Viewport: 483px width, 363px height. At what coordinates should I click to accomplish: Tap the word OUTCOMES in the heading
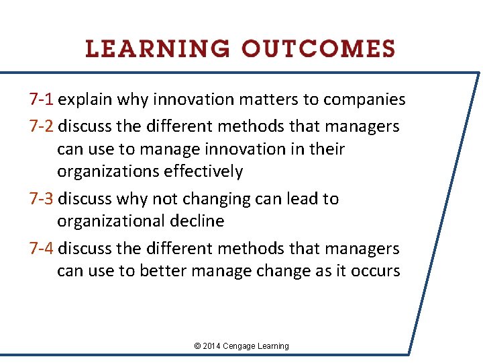coord(319,49)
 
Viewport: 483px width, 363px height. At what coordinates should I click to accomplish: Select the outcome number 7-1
coord(42,100)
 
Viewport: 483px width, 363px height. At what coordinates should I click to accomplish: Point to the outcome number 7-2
coord(42,126)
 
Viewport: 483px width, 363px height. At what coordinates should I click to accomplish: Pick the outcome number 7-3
coord(42,199)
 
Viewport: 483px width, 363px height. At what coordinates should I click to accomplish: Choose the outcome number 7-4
coord(42,249)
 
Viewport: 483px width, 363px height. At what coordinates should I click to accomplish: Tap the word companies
coord(364,100)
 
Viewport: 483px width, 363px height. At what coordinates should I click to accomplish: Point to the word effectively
coord(202,171)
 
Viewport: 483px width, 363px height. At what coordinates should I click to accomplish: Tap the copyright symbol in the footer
coord(197,346)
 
